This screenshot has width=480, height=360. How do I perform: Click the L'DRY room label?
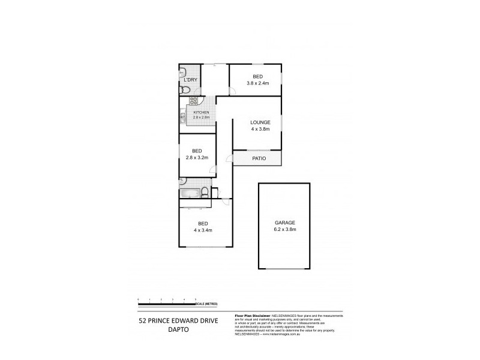coord(190,80)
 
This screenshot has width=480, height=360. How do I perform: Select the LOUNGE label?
coord(260,122)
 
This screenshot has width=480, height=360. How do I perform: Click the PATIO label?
coord(258,158)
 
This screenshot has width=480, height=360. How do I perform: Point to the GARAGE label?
coord(285,223)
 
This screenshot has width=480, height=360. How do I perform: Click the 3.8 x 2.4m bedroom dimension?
coord(257,83)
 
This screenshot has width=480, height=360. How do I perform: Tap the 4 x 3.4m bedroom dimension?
coord(203,230)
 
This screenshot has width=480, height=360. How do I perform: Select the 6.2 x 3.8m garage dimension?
coord(285,230)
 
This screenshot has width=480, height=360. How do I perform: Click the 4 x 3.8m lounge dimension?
coord(260,129)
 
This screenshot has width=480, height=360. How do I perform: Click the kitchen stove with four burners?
coord(194,101)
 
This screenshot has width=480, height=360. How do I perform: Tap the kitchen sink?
coord(182,115)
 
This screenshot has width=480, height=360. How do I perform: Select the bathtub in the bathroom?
coord(190,193)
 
